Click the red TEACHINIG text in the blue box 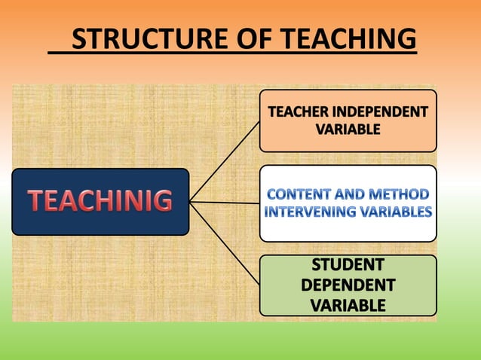(x=100, y=202)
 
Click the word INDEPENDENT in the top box (x=385, y=113)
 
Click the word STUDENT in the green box (x=348, y=265)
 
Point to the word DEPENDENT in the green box (x=348, y=285)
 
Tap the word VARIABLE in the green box (x=348, y=305)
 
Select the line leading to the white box (x=225, y=202)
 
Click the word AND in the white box (x=351, y=195)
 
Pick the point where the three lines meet (x=190, y=201)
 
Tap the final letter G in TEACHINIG (x=162, y=202)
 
